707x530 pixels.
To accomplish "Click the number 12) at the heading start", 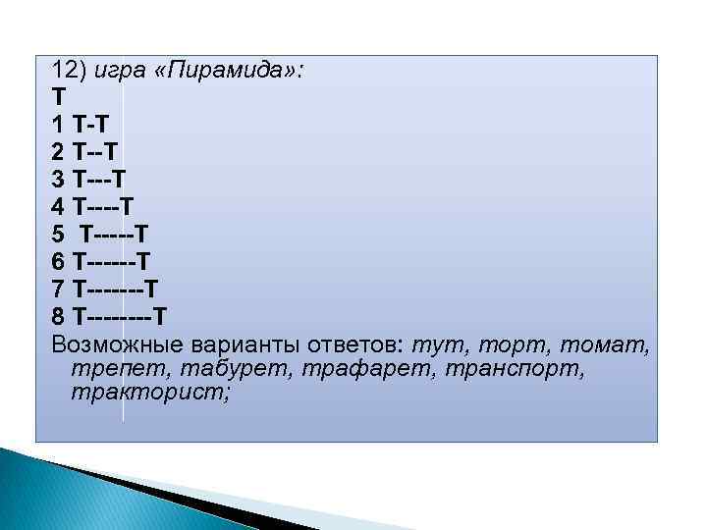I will tap(71, 71).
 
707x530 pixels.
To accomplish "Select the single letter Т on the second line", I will tap(58, 98).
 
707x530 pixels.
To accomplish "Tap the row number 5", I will tap(58, 235).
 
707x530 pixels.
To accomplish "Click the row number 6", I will tap(58, 262).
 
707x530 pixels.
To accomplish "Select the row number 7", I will tap(58, 290).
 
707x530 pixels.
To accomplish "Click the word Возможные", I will tap(117, 345).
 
